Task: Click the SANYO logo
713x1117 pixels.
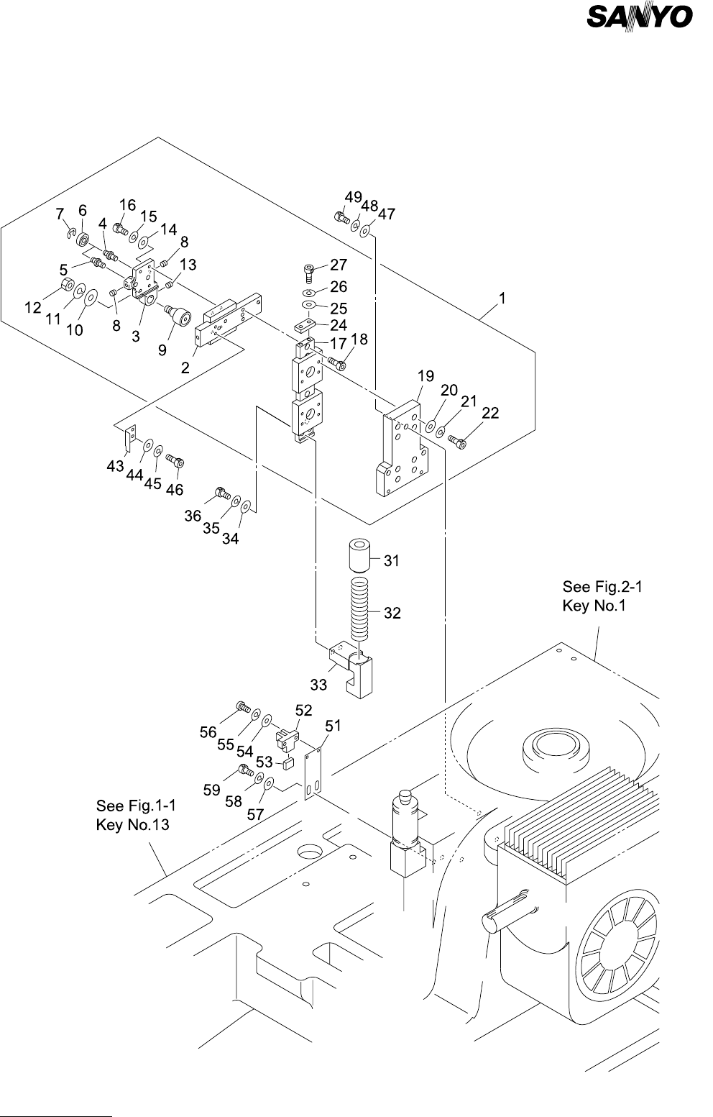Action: point(639,18)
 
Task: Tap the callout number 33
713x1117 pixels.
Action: point(318,685)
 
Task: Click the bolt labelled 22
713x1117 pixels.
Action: point(457,440)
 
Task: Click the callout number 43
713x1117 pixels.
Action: point(115,467)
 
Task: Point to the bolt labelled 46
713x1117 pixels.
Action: point(175,460)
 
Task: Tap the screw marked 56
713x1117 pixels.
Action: point(244,707)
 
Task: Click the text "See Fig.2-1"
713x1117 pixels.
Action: point(602,587)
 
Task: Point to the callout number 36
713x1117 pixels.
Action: point(192,516)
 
